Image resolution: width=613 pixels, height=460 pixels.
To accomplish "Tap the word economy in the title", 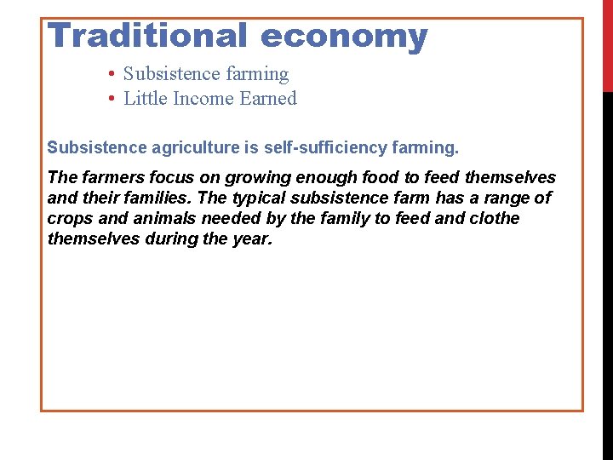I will tap(344, 36).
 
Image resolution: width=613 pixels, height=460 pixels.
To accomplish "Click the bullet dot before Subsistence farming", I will tap(112, 74).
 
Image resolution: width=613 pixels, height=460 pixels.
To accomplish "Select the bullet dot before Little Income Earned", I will tap(112, 99).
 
